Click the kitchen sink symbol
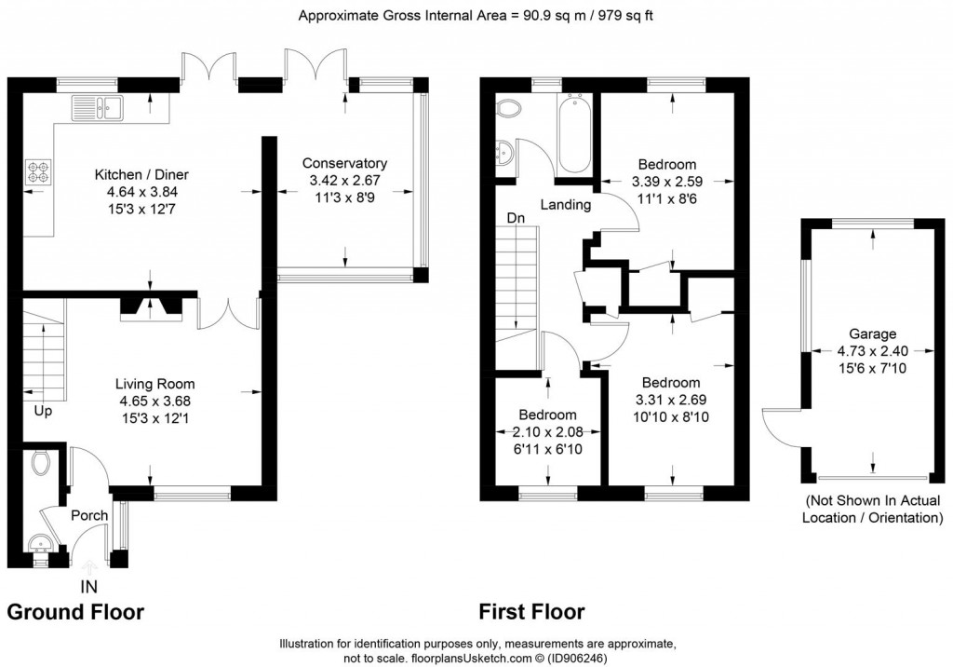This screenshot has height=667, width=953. click(97, 108)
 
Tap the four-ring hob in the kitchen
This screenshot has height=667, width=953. click(38, 171)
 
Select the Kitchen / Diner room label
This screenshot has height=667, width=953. click(141, 174)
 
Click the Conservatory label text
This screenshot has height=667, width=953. click(344, 163)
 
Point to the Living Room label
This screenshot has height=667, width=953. click(155, 384)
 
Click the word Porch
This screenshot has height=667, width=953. click(89, 515)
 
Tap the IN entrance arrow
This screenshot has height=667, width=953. click(89, 567)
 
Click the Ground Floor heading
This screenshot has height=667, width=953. click(75, 612)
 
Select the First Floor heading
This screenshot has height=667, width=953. click(531, 612)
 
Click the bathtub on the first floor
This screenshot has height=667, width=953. click(573, 133)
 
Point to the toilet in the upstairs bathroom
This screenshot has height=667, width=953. click(509, 110)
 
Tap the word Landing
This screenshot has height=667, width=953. click(566, 205)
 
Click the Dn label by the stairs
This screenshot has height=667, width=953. click(516, 218)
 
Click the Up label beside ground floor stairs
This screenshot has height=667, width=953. click(43, 412)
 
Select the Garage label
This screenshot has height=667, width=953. click(872, 333)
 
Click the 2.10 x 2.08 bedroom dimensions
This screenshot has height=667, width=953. click(547, 432)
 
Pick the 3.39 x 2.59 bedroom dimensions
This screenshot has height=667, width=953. click(667, 182)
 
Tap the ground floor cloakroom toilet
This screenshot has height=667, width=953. click(41, 462)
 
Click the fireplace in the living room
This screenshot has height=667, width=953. click(151, 308)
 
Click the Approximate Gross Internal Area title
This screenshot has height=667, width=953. click(476, 16)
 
